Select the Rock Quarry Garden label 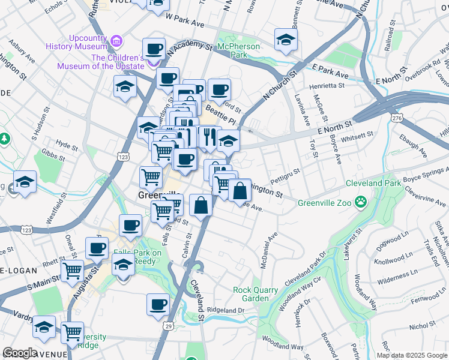(255, 294)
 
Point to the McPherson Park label (239, 50)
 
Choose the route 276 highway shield (396, 119)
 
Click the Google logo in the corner (20, 353)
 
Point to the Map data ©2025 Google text (412, 355)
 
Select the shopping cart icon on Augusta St (72, 271)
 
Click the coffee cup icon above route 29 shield (158, 304)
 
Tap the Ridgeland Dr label (226, 310)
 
